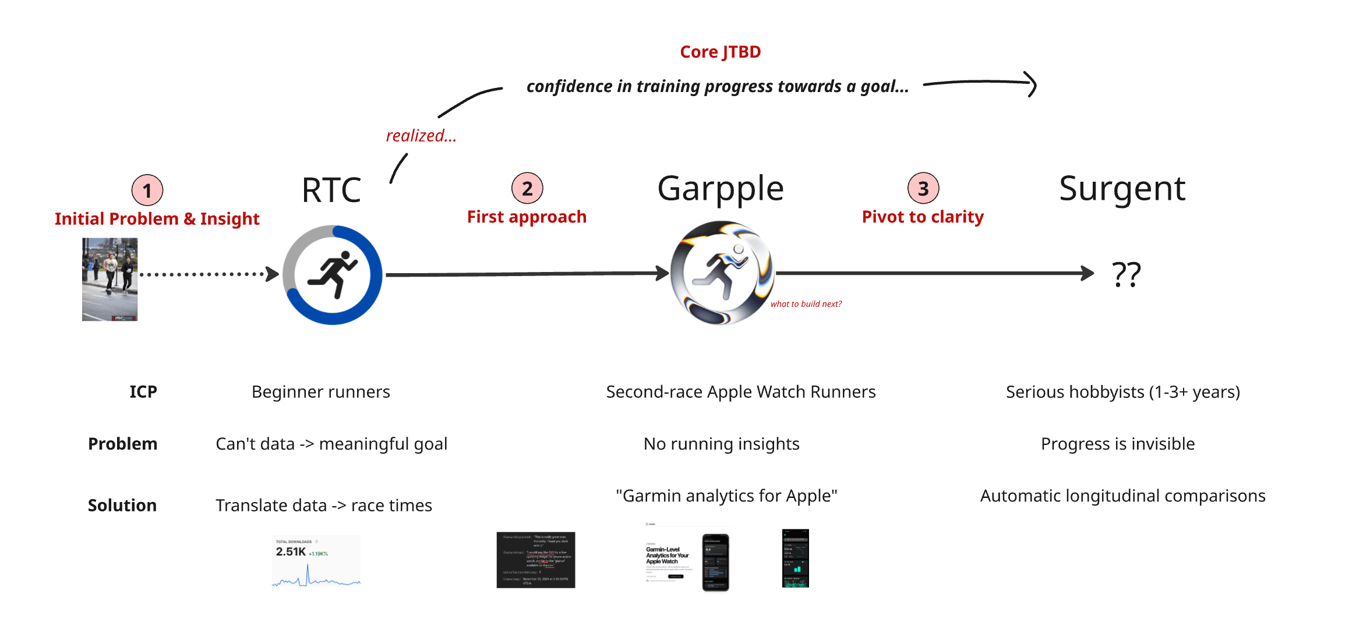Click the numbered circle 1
147,190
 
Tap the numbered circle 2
527,188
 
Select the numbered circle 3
923,188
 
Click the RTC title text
331,190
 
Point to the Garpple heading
720,189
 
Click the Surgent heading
1121,189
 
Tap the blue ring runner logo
333,274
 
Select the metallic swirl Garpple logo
721,273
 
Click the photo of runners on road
110,279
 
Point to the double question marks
1125,274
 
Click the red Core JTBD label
720,52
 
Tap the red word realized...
421,136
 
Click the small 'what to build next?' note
806,304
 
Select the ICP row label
143,392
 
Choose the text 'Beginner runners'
320,392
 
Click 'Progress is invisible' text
1117,444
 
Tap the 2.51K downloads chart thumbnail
316,560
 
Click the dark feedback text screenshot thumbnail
535,560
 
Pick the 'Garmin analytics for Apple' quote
726,496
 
